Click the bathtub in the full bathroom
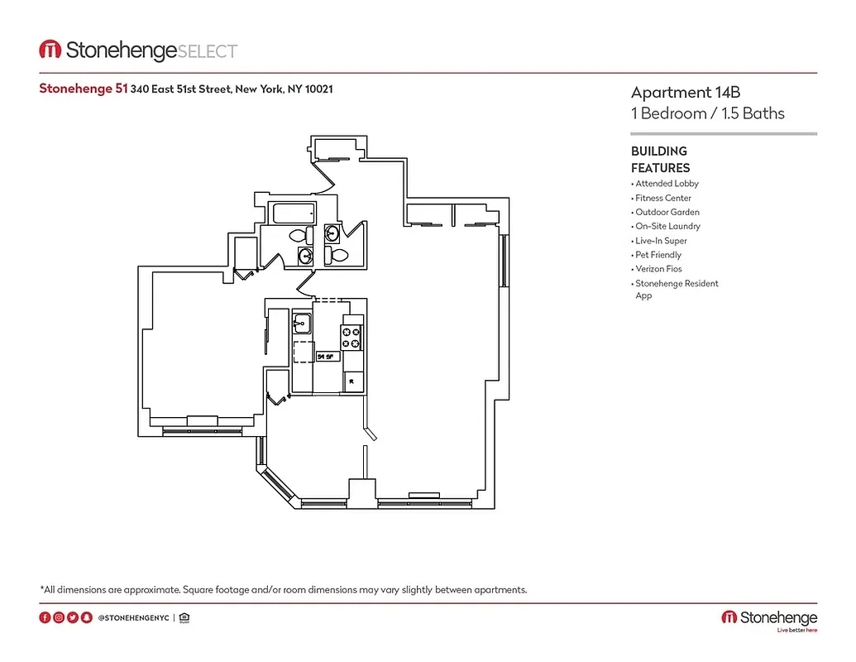click(x=293, y=213)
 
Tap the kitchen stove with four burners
click(x=351, y=337)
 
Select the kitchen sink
click(x=301, y=323)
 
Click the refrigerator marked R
click(x=353, y=381)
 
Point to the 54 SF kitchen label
click(x=326, y=357)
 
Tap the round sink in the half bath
click(x=332, y=233)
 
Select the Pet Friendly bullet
click(x=658, y=255)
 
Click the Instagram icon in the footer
click(x=59, y=617)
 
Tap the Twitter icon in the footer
click(x=73, y=617)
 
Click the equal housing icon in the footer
click(x=184, y=617)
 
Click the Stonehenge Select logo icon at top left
click(x=50, y=50)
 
